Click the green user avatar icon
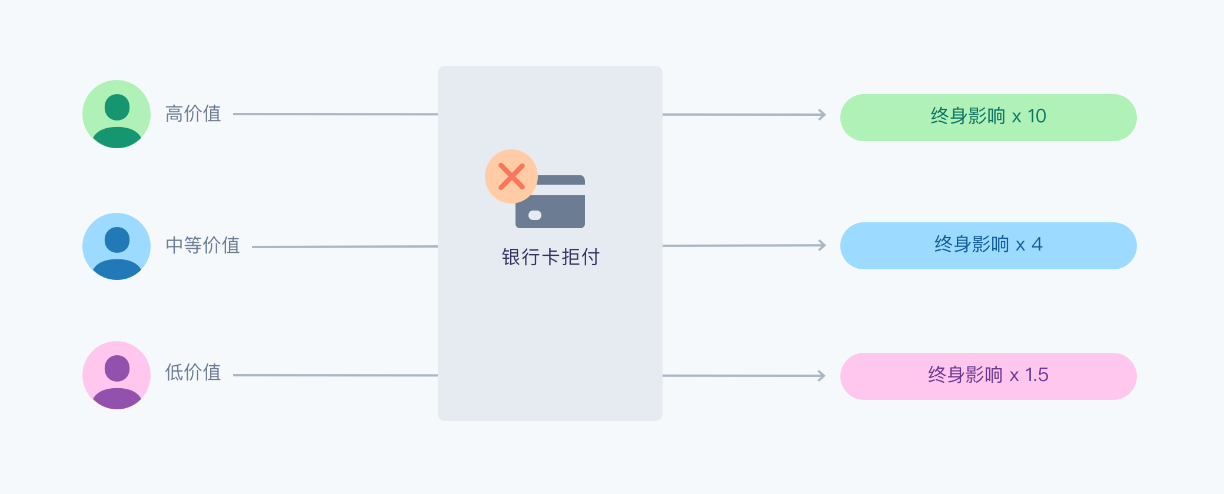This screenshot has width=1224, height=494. (x=117, y=114)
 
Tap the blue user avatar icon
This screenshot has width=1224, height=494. (x=117, y=246)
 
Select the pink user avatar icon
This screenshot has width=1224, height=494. (x=117, y=375)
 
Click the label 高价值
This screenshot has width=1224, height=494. (x=193, y=114)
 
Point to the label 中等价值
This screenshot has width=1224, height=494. (x=202, y=245)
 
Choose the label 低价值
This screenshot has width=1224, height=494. (x=193, y=372)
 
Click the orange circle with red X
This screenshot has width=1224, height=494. (x=511, y=176)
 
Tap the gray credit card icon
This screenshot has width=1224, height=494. (x=550, y=202)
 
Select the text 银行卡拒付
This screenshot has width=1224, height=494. (x=550, y=257)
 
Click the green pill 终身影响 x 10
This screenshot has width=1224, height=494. (x=989, y=118)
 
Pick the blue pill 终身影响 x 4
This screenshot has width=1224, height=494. (x=989, y=246)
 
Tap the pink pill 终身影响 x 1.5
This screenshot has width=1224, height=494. (x=989, y=376)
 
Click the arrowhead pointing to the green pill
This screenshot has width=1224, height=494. (x=823, y=115)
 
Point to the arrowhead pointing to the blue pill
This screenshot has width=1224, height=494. (x=823, y=245)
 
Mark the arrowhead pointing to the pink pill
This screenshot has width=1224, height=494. (x=823, y=376)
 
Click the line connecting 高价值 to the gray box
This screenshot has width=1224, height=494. (x=335, y=114)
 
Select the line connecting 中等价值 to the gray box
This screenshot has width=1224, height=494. (x=345, y=246)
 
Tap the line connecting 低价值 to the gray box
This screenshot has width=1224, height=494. (x=335, y=375)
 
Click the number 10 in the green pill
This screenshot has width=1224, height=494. (x=1037, y=116)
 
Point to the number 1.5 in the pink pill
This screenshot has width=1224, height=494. (x=1037, y=375)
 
